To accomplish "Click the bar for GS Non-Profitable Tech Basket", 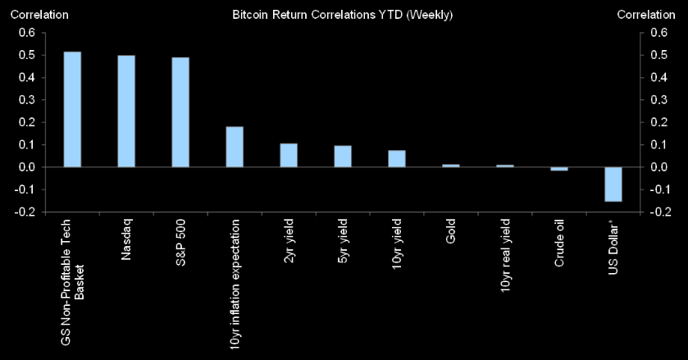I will point(72,109).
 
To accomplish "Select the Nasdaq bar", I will point(126,111).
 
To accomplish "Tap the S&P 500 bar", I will point(180,112).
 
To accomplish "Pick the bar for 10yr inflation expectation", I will point(235,147).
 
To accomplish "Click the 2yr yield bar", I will point(289,155).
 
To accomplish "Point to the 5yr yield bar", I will point(343,157).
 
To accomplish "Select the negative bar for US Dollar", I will point(613,184).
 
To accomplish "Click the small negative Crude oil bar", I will point(558,169).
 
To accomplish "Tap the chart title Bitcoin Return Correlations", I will point(342,15).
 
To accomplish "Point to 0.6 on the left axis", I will point(26,33).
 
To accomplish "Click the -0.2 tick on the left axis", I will point(25,212).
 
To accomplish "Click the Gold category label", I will point(451,232).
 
